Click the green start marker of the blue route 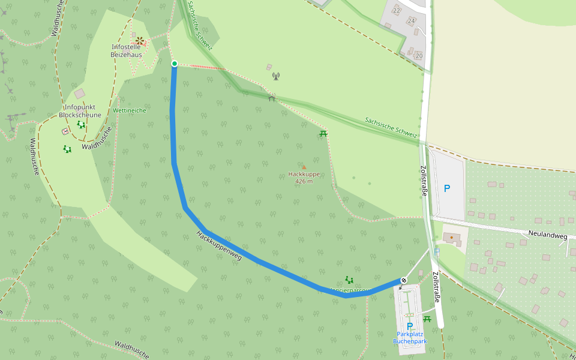(x=175, y=64)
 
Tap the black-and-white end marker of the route (x=404, y=280)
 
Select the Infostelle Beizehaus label (x=127, y=50)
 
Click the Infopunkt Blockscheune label (x=80, y=111)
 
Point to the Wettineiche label (x=130, y=110)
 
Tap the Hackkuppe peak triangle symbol (x=304, y=167)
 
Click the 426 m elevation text (x=304, y=181)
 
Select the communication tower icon (x=276, y=76)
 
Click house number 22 (x=397, y=10)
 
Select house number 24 (x=411, y=21)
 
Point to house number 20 (x=419, y=56)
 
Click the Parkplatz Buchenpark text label (x=410, y=337)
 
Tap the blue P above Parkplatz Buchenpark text (x=410, y=326)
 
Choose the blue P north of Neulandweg (x=447, y=188)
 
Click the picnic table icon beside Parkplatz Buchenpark (x=427, y=319)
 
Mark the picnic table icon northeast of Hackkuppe (x=323, y=133)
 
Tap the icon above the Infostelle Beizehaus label (x=140, y=40)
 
